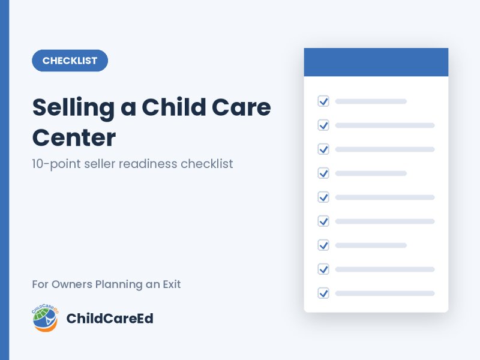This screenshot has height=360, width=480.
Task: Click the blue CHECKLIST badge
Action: point(70,61)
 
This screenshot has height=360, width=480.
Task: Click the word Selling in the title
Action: point(73,109)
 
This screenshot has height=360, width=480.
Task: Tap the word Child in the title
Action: point(174,107)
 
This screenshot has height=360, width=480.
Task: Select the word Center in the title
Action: point(74,138)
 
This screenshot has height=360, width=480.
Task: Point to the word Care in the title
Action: point(241,107)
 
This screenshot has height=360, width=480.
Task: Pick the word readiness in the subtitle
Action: point(148,164)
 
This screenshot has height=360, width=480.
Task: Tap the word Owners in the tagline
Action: point(72,284)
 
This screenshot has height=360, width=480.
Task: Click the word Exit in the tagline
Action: point(172,284)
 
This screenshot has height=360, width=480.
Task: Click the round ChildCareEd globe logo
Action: point(46,318)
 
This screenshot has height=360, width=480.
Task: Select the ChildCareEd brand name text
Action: point(110,319)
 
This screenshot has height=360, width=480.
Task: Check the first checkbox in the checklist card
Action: point(323,101)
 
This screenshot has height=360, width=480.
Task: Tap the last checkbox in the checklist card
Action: point(323,293)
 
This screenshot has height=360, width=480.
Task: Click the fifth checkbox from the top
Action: point(323,197)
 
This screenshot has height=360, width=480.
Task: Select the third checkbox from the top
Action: point(323,149)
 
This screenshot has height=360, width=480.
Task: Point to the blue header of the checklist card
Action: point(376,62)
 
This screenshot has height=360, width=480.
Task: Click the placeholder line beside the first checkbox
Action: point(371,101)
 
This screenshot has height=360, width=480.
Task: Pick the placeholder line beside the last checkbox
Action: point(385,293)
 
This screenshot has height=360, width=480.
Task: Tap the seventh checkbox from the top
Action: point(323,245)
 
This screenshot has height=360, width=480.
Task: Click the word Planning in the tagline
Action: point(119,284)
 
